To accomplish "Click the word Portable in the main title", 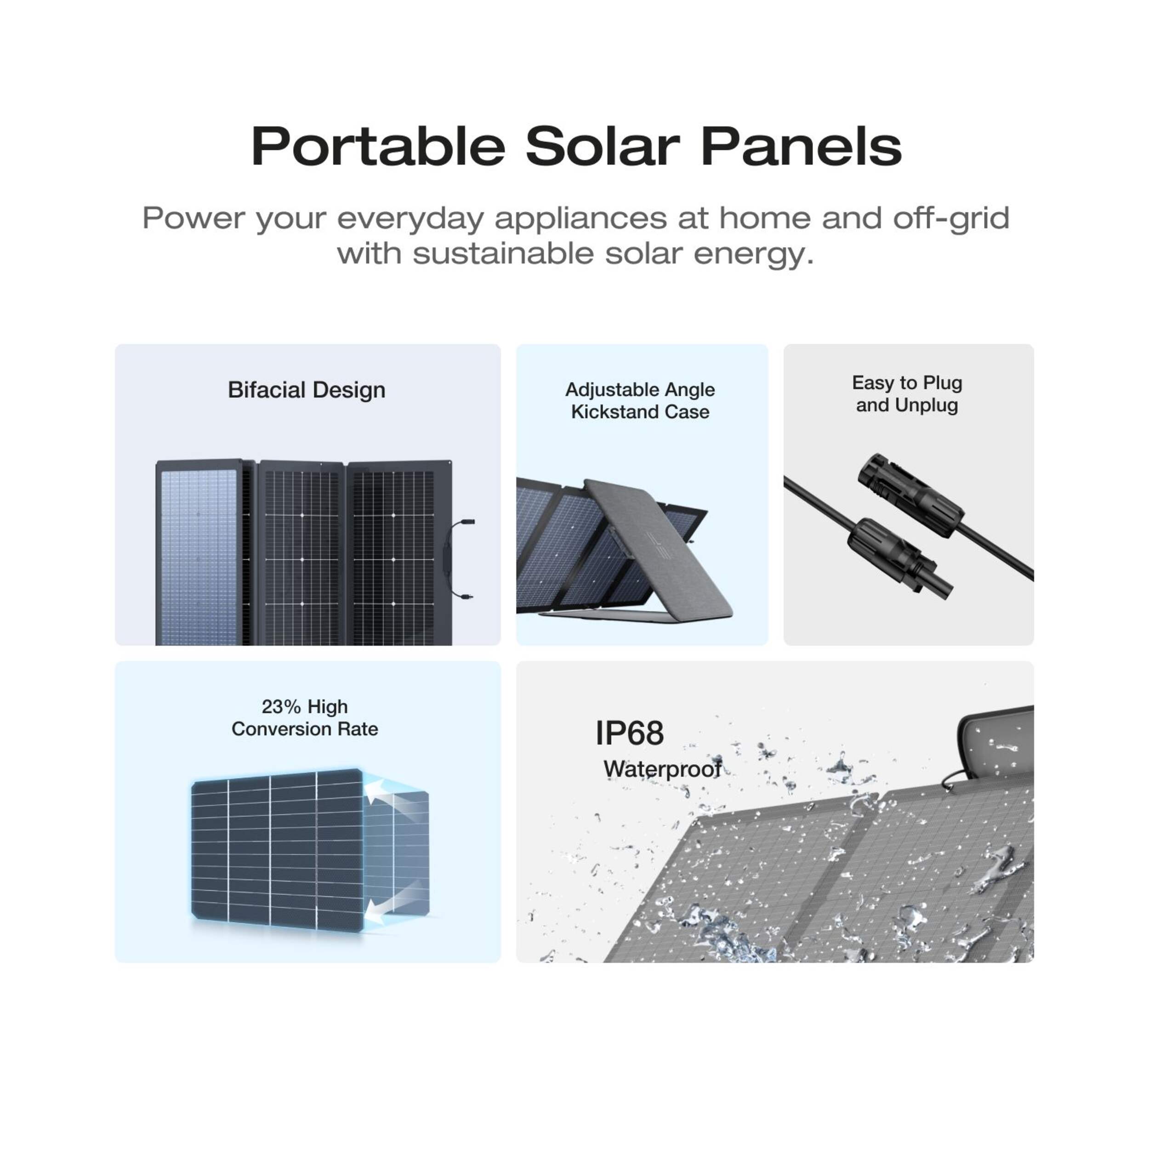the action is click(x=378, y=146).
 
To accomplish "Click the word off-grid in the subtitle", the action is click(x=951, y=218).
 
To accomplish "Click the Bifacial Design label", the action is click(x=306, y=390).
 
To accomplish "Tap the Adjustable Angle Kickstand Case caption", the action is click(x=640, y=401).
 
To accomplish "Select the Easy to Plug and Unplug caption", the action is click(x=907, y=394).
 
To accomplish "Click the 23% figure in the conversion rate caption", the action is click(x=281, y=706).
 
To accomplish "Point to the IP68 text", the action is click(x=630, y=733).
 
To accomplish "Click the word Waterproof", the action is click(x=662, y=769).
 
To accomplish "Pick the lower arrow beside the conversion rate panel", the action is click(x=381, y=908).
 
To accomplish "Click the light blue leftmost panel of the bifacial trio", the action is click(x=200, y=552).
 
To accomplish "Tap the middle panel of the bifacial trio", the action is click(x=302, y=552).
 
